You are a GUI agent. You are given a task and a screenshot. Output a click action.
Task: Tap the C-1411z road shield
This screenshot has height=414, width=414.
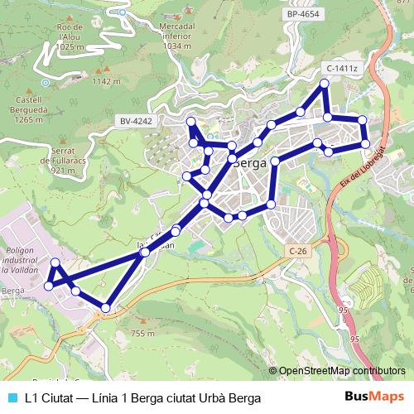pos(341,68)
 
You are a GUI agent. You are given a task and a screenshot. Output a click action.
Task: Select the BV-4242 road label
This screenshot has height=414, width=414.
pos(137,121)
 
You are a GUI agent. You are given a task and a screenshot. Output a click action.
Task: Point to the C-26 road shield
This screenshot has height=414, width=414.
pos(299,249)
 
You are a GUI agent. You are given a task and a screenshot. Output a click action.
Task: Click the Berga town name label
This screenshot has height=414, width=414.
pos(249,163)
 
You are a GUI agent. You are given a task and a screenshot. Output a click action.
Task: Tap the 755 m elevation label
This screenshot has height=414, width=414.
pos(142,333)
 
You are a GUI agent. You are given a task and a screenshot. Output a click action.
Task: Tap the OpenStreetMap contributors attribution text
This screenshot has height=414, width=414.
pos(341,371)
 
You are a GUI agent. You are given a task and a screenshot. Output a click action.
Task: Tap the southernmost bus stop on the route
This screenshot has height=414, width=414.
pos(105,308)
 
